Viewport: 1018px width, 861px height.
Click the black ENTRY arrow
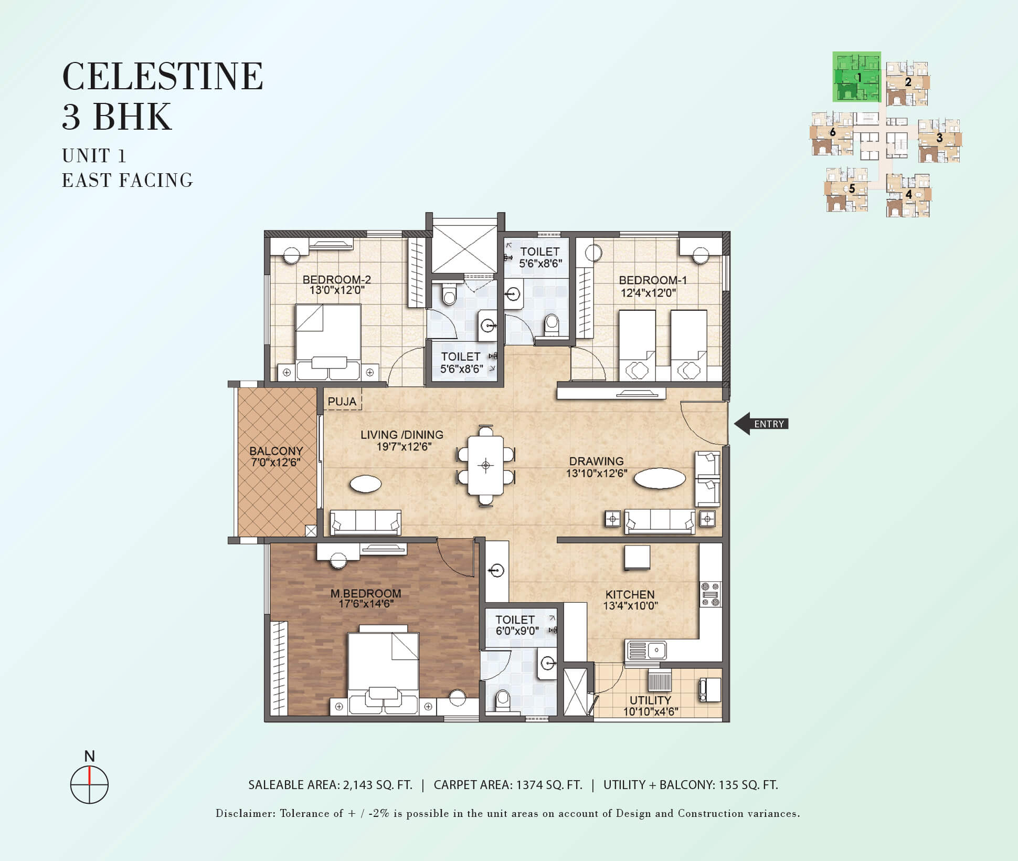[x=761, y=424]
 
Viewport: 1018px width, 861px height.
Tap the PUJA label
[x=342, y=402]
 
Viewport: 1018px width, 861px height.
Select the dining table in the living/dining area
[x=486, y=466]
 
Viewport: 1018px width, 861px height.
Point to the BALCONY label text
[x=276, y=451]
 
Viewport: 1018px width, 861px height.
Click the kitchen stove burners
[x=711, y=594]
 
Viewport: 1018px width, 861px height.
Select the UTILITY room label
[x=651, y=700]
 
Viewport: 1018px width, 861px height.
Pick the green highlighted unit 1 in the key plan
[x=857, y=77]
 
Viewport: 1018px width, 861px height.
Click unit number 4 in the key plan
[x=908, y=194]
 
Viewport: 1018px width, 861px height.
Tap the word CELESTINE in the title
[x=163, y=77]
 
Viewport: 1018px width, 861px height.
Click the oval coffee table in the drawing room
[x=660, y=478]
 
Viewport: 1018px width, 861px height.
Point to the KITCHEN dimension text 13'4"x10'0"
[x=630, y=606]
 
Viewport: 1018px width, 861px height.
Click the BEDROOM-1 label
[x=653, y=280]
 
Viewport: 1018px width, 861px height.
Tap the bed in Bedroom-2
[x=328, y=342]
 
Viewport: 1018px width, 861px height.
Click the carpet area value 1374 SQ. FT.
[x=549, y=785]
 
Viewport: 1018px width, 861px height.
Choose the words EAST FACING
[x=128, y=181]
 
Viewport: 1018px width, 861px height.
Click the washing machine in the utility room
[x=710, y=689]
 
